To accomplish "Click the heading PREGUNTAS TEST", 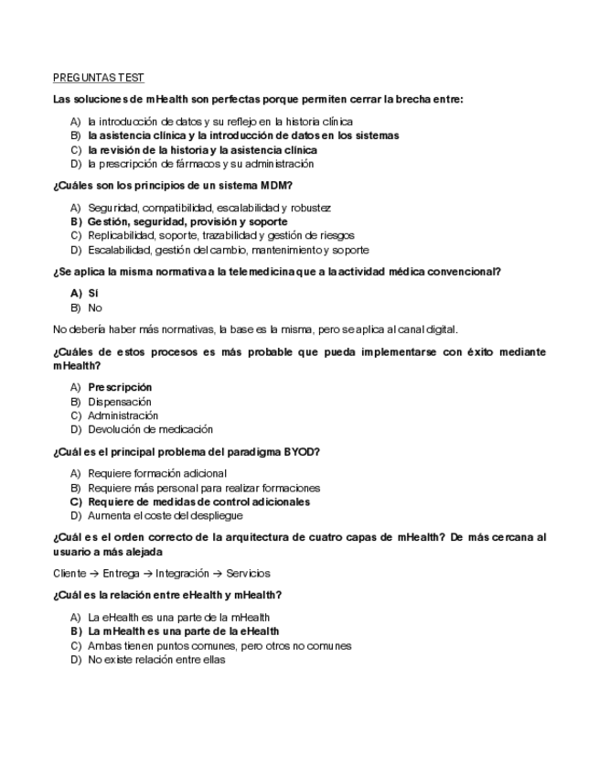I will [x=98, y=78].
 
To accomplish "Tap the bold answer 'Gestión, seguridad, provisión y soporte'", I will [x=187, y=221].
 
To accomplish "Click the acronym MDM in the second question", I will [x=273, y=186].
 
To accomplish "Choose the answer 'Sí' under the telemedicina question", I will [x=93, y=293].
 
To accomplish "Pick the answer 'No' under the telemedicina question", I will [x=95, y=307].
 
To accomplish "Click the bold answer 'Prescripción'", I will [x=120, y=387].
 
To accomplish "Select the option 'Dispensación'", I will [x=120, y=402].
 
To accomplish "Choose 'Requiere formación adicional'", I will [x=157, y=473].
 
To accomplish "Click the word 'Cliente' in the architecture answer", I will [x=70, y=574].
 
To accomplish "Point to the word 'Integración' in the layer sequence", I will [x=182, y=574].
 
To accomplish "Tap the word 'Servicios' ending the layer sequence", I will [x=248, y=574].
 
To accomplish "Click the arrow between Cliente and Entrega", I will [x=95, y=574].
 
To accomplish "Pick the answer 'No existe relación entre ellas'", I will [x=156, y=659].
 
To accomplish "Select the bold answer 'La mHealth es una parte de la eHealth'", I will [x=184, y=631].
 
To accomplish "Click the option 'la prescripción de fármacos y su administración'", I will [x=200, y=164].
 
